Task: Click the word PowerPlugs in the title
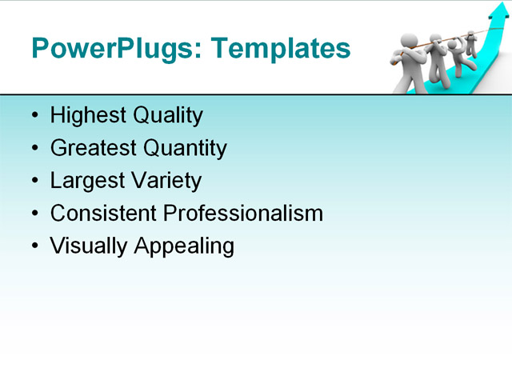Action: pyautogui.click(x=115, y=49)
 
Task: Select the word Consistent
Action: pyautogui.click(x=103, y=213)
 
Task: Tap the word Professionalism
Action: pyautogui.click(x=242, y=213)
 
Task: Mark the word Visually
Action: pyautogui.click(x=89, y=246)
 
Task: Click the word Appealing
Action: pyautogui.click(x=184, y=246)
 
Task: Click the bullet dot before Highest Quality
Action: pyautogui.click(x=34, y=117)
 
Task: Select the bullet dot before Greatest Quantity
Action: pyautogui.click(x=34, y=149)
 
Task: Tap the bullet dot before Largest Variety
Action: pyautogui.click(x=34, y=182)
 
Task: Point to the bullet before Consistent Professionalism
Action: pyautogui.click(x=34, y=214)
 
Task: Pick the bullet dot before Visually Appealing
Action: pyautogui.click(x=34, y=246)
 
